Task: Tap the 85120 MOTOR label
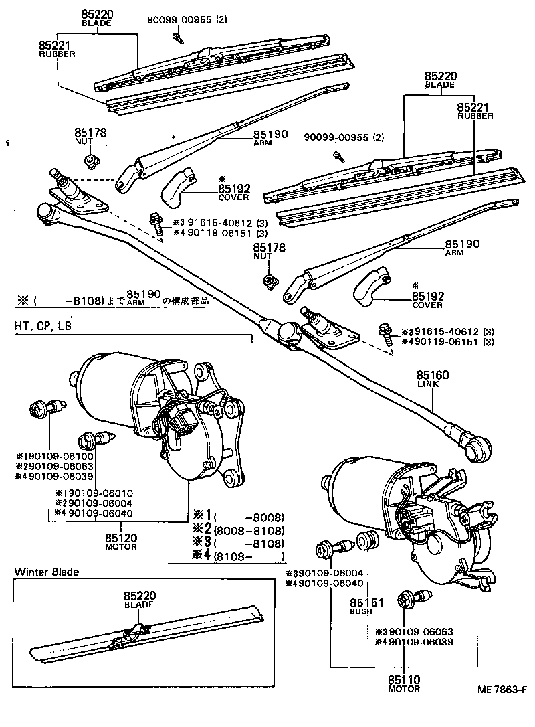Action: [x=121, y=541]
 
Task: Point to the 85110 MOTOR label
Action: [x=404, y=683]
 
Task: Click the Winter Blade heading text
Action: [x=46, y=572]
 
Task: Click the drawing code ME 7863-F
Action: [x=498, y=709]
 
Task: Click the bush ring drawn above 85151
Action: [x=366, y=539]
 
